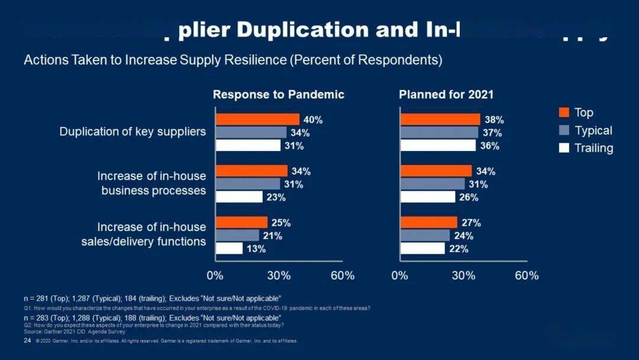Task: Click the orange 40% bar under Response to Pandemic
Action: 257,120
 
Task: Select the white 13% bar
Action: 229,249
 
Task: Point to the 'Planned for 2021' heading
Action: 446,95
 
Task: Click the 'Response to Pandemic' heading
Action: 278,95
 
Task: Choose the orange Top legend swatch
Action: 564,112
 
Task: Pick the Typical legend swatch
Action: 564,130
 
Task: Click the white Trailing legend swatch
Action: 564,148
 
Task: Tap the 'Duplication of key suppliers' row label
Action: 133,131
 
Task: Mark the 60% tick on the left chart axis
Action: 342,275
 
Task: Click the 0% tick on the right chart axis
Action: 400,275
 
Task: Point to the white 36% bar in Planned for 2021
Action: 438,146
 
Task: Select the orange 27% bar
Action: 429,223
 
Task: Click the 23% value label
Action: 276,197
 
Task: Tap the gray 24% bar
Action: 425,236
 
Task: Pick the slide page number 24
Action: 27,341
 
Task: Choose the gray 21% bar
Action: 241,236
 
